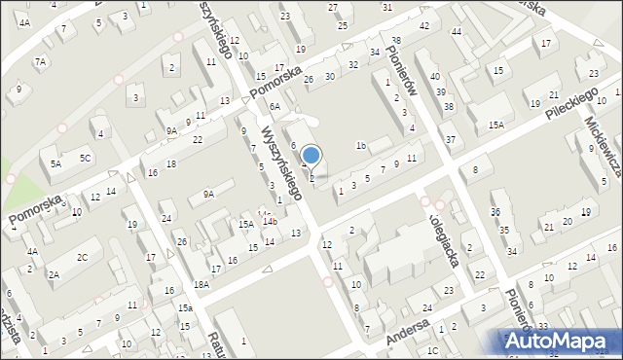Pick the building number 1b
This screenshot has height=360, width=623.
point(360,146)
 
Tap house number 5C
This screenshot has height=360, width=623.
point(86,158)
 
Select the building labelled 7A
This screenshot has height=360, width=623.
point(41,61)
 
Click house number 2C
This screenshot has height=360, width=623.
point(83,257)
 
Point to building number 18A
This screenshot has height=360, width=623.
point(202,284)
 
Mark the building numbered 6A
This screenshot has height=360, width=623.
point(275,106)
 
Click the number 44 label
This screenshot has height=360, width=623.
point(457,32)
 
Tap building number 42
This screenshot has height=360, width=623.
point(423,25)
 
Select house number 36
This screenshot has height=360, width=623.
point(495,211)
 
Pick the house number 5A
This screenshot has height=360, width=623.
point(55,164)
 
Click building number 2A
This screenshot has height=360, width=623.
point(55,275)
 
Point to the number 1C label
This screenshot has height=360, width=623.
point(432,349)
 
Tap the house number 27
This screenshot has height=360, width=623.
point(333,8)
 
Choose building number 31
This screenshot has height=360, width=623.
point(387,7)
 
